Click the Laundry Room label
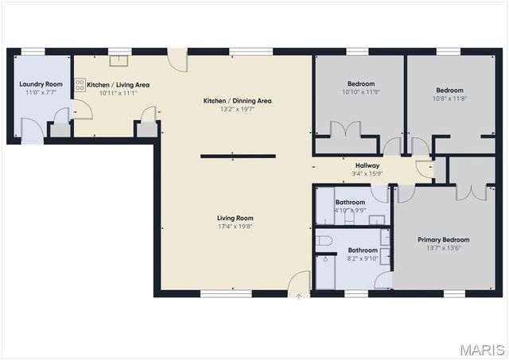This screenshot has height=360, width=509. [x=41, y=84]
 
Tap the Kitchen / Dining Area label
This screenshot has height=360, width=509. [x=237, y=101]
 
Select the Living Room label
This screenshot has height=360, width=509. [x=235, y=218]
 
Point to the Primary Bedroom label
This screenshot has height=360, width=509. [x=443, y=239]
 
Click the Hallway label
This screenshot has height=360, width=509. [x=367, y=165]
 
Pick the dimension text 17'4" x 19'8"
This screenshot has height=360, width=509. [x=235, y=226]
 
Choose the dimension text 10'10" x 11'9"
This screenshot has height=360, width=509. [x=360, y=92]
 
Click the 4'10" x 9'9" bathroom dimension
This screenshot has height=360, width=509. [x=349, y=211]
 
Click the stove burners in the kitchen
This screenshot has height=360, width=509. [x=80, y=85]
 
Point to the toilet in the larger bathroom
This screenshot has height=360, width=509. [x=324, y=240]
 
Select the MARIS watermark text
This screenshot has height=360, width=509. [x=481, y=349]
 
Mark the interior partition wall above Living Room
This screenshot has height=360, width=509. [x=238, y=156]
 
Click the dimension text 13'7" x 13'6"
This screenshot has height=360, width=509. [x=443, y=248]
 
